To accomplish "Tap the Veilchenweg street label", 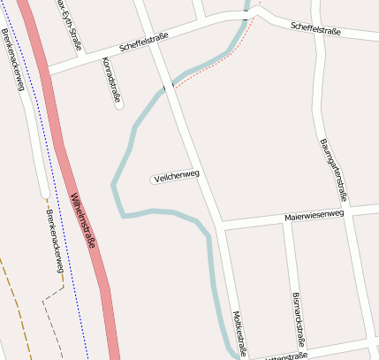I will click(176, 176).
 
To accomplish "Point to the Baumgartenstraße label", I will click(334, 170).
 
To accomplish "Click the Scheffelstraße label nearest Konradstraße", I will click(146, 45).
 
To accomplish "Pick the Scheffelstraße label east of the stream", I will click(315, 29).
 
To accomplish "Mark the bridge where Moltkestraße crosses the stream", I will click(168, 86).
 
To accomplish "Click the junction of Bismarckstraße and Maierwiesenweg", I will click(284, 219).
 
